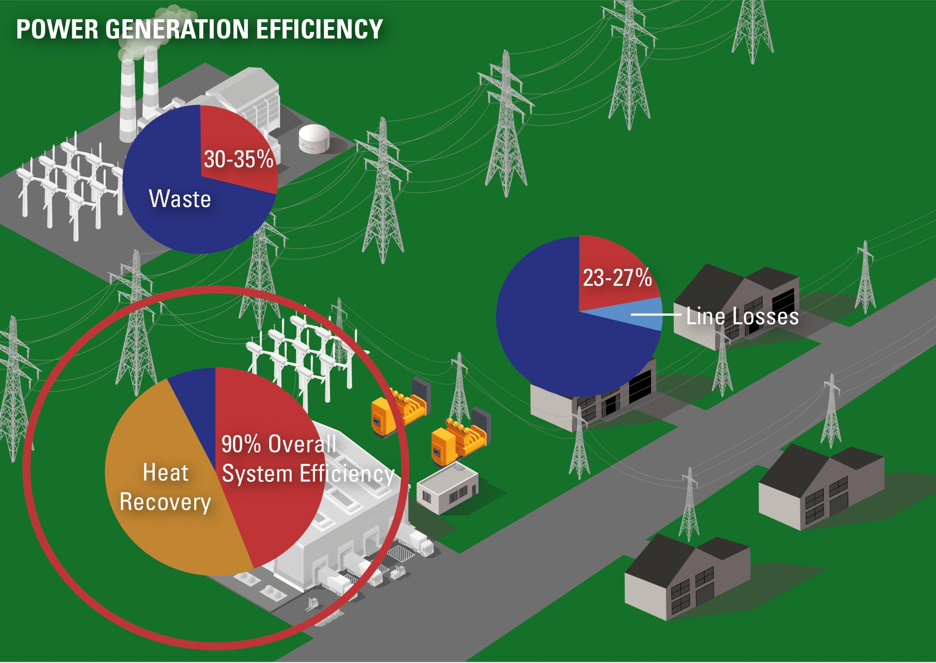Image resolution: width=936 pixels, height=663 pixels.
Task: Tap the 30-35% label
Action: click(238, 159)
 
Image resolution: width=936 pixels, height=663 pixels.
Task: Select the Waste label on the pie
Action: click(180, 199)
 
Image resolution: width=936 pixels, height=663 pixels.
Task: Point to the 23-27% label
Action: click(617, 278)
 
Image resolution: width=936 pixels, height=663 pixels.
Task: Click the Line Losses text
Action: click(742, 316)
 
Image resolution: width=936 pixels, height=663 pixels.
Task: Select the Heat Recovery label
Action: click(165, 487)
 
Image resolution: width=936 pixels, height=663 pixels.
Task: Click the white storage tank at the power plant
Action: click(314, 138)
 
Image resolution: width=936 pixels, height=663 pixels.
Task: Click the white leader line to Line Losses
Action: click(656, 314)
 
